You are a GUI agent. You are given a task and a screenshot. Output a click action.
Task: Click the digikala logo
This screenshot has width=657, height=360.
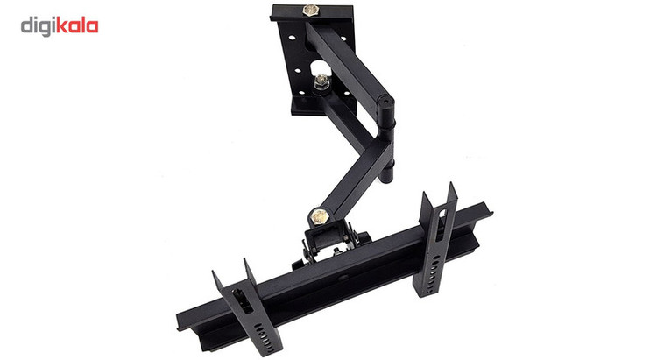tap(60, 26)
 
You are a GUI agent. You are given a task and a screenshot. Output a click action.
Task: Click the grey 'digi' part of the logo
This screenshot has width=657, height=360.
tap(39, 26)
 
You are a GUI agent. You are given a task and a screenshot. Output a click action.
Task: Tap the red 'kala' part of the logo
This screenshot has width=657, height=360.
tap(77, 25)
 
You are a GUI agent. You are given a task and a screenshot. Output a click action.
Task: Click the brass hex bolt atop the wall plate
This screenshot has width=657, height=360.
tap(310, 10)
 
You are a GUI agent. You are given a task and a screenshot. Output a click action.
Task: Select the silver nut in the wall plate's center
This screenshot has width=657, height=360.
tap(321, 81)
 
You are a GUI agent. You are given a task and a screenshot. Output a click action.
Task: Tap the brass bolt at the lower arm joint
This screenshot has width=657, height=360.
tap(320, 216)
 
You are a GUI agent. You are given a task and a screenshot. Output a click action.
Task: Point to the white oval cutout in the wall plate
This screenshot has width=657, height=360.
tap(321, 68)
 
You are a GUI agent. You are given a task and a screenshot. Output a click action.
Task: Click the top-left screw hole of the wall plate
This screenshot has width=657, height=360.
tap(291, 38)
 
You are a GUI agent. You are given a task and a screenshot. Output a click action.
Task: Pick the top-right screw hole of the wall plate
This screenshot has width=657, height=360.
tap(343, 39)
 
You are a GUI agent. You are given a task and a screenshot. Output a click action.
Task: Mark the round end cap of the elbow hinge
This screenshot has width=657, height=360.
tap(385, 101)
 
